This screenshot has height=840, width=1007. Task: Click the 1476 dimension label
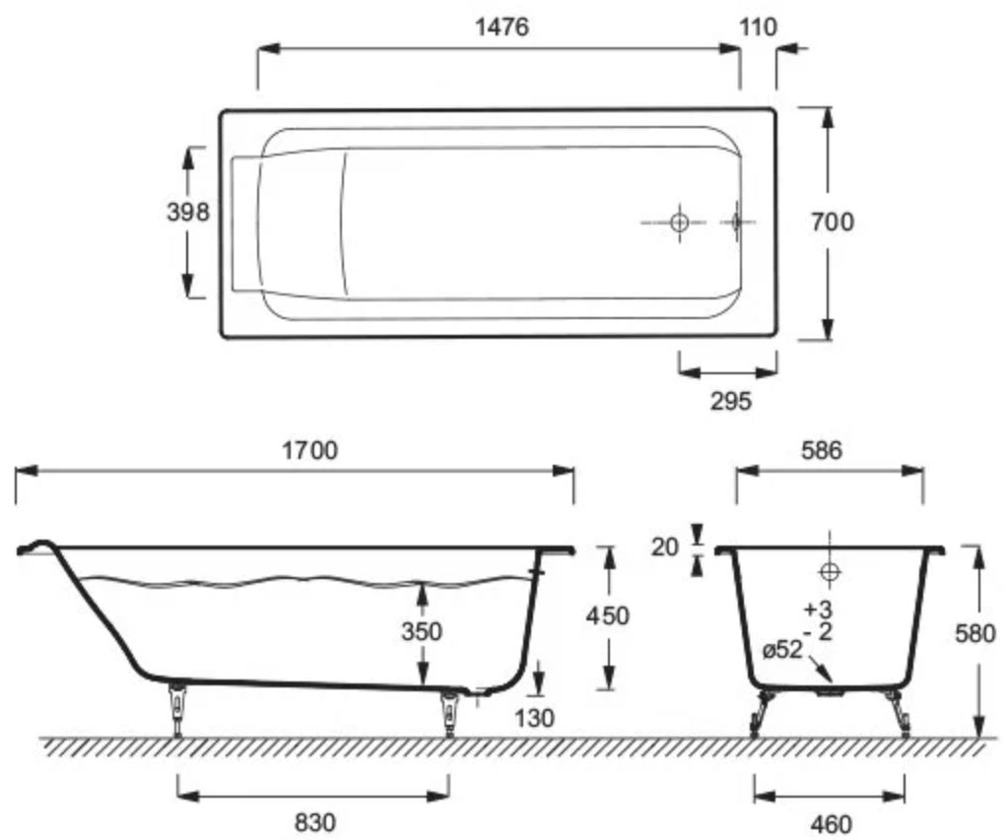click(x=503, y=27)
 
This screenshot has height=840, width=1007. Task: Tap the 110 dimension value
click(x=758, y=27)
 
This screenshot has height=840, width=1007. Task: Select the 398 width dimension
click(x=187, y=211)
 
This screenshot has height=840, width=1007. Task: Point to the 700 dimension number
click(x=833, y=222)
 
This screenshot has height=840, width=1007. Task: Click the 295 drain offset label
click(x=731, y=401)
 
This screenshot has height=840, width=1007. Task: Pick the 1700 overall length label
click(x=309, y=450)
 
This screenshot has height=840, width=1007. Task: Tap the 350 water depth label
click(x=422, y=631)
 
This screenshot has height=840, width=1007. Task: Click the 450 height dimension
click(x=608, y=616)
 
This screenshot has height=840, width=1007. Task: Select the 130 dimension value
click(x=534, y=718)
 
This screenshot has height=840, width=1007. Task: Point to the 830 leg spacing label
click(x=314, y=822)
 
